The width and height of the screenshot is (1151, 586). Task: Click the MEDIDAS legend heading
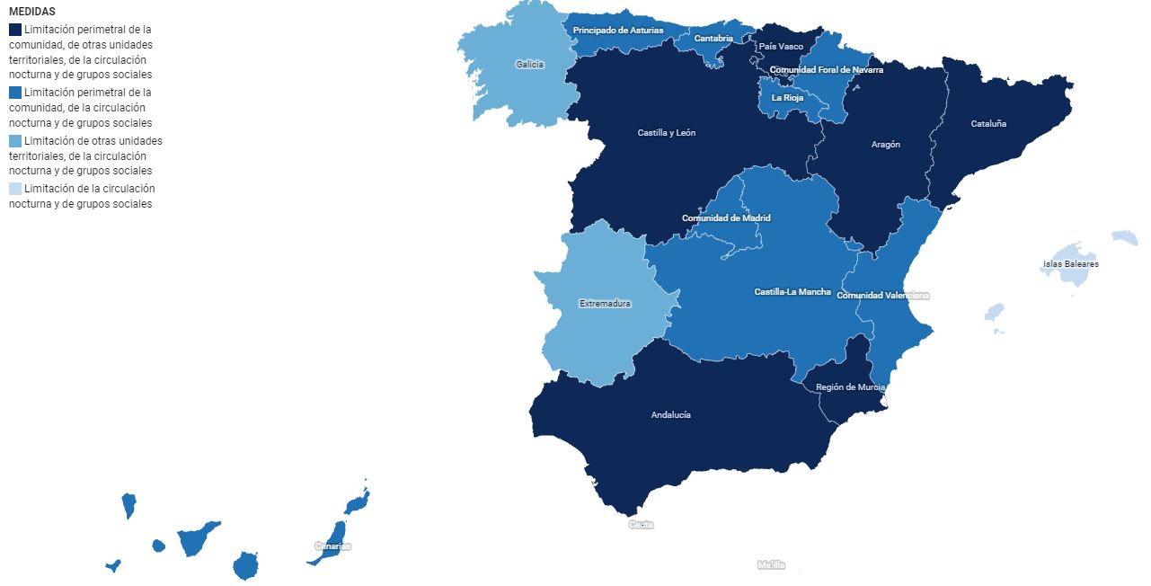click(32, 12)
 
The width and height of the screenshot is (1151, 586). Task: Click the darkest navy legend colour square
click(15, 30)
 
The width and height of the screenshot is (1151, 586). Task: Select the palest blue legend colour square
click(15, 189)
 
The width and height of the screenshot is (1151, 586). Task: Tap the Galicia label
click(529, 65)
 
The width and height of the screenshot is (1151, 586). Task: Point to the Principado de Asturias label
click(618, 31)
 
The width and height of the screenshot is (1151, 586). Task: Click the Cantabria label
click(713, 39)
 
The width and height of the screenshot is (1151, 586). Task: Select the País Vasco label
click(781, 47)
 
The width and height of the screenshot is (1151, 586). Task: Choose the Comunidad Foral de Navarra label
click(826, 70)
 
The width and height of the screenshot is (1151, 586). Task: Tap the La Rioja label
click(787, 98)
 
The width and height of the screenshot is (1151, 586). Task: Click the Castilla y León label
click(666, 133)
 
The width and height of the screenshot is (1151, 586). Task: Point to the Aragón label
click(885, 145)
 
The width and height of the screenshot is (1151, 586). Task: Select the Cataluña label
click(988, 124)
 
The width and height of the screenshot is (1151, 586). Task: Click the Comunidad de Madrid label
click(726, 218)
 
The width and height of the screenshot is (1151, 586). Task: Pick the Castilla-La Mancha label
click(792, 292)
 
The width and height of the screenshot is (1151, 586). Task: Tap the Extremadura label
click(605, 304)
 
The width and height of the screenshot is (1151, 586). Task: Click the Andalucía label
click(670, 415)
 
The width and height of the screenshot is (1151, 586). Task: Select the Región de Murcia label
click(850, 387)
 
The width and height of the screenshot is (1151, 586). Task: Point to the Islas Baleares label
click(1070, 264)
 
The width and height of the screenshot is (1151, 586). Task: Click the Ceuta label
click(641, 525)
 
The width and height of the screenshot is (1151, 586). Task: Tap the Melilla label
click(771, 565)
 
